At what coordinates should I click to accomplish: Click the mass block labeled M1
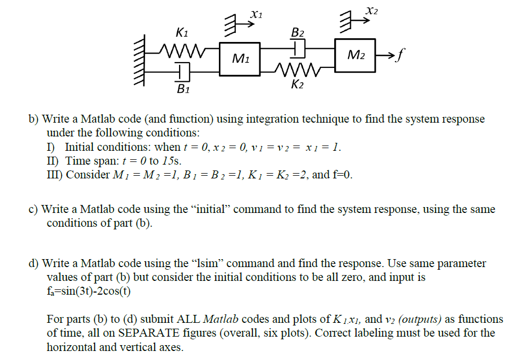pos(240,59)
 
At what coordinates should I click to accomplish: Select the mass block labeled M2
pos(355,54)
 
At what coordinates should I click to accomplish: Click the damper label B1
pos(183,89)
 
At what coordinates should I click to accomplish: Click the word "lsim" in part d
pos(205,263)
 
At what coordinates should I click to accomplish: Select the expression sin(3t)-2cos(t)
pos(93,291)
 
